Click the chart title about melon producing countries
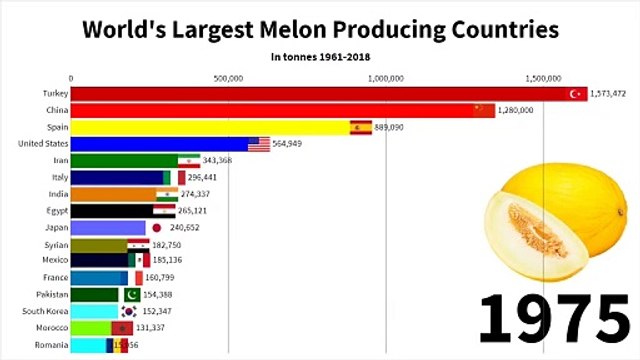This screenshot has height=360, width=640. pyautogui.click(x=320, y=29)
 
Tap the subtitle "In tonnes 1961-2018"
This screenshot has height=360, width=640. pyautogui.click(x=319, y=57)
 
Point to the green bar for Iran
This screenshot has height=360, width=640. pyautogui.click(x=120, y=160)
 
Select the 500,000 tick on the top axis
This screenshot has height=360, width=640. pyautogui.click(x=229, y=77)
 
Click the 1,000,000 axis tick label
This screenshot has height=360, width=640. pyautogui.click(x=386, y=77)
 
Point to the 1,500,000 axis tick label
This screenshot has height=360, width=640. pyautogui.click(x=543, y=77)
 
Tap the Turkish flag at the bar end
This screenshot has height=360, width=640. pyautogui.click(x=576, y=93)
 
